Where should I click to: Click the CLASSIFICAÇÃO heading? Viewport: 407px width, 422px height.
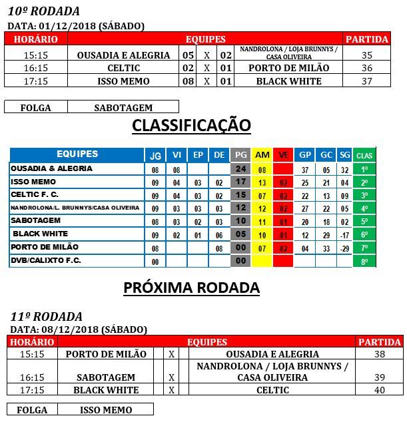point(191,125)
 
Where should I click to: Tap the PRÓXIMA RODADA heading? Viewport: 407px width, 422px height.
point(191,288)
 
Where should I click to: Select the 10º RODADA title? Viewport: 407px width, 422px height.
point(43,11)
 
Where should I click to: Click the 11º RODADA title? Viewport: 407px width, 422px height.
point(45,316)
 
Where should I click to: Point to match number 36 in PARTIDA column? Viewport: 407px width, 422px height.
point(366,68)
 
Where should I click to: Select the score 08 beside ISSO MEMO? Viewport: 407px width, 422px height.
point(189,81)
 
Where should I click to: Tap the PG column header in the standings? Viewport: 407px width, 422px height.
point(240,155)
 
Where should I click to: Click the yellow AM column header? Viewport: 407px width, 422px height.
point(262,155)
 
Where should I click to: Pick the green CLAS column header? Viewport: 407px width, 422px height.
point(364,155)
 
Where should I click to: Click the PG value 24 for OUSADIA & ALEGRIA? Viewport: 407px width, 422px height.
point(240,169)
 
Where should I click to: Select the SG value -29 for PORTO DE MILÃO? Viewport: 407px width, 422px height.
point(344,248)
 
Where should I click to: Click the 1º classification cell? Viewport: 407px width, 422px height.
point(364,170)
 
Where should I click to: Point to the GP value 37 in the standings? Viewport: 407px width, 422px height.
point(305,170)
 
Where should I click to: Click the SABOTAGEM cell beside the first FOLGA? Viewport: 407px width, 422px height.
point(123,107)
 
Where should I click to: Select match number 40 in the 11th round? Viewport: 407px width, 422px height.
point(380,390)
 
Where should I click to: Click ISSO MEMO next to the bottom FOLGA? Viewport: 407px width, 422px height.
point(106,410)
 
